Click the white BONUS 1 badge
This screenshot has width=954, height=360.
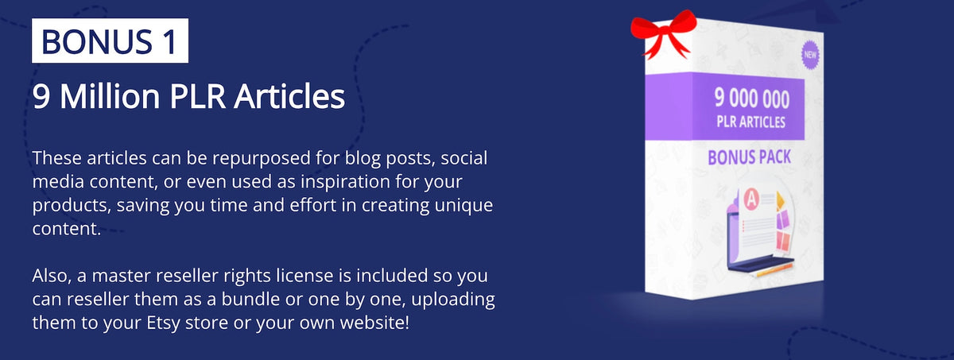tap(110, 41)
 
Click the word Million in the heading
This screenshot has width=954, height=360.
tap(110, 96)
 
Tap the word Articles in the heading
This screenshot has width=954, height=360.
tap(289, 96)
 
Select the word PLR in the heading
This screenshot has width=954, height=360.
tap(197, 97)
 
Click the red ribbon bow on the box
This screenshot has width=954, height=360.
tap(663, 34)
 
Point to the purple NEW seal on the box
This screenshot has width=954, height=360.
tap(809, 55)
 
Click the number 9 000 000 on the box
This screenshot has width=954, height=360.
tap(752, 99)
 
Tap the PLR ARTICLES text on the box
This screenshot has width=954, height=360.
tap(750, 122)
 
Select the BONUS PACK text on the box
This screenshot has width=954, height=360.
tap(749, 157)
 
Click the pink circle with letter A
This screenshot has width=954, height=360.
tap(752, 199)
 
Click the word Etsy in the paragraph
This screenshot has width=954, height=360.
tap(163, 323)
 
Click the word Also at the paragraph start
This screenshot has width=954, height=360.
tap(52, 277)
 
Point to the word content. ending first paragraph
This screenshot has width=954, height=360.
tap(67, 229)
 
